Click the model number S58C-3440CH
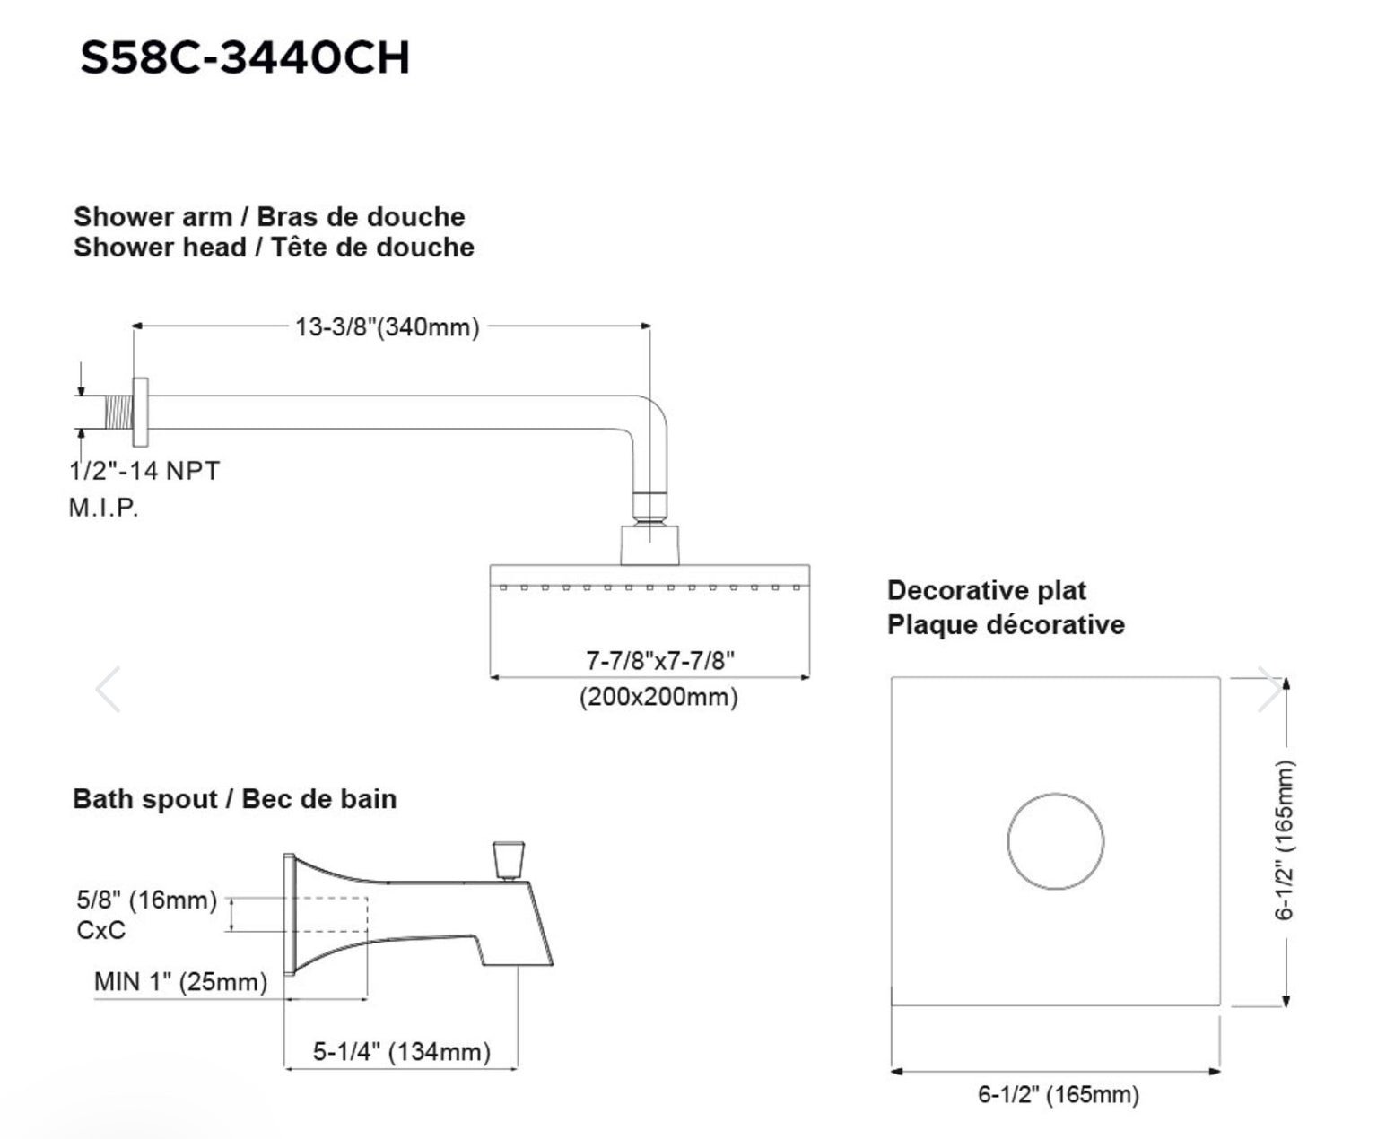click(245, 57)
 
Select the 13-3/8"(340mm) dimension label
click(387, 326)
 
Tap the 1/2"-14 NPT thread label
click(144, 470)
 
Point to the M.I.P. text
click(104, 507)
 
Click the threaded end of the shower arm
click(119, 412)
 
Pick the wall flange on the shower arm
click(140, 412)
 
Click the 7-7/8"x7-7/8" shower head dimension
click(660, 659)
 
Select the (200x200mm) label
click(658, 696)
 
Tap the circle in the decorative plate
click(1056, 794)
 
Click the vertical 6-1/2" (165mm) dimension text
click(1284, 840)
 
